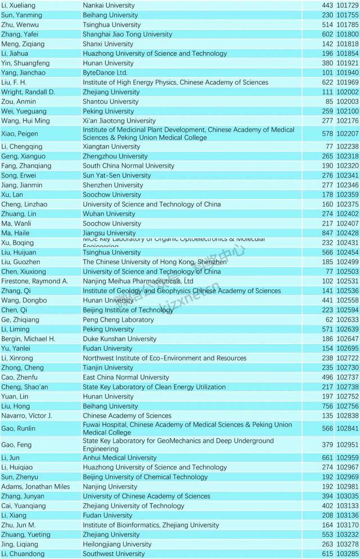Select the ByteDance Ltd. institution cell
(x=105, y=73)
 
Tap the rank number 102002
(x=347, y=92)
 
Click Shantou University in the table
(x=110, y=101)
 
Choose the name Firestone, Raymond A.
(x=34, y=281)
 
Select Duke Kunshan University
(x=119, y=339)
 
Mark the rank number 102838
(x=347, y=416)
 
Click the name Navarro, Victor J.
(x=26, y=416)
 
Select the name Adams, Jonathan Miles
(x=35, y=486)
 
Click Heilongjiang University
(x=117, y=544)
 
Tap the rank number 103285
(x=347, y=553)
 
